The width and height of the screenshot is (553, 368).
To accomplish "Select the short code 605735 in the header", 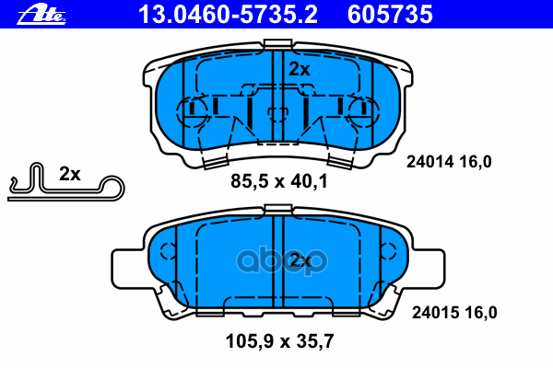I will (402, 14).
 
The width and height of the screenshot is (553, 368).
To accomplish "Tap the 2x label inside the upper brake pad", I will (299, 69).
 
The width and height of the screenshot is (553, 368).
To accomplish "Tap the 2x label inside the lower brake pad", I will (299, 261).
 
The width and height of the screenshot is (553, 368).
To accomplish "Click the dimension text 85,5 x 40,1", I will (278, 182).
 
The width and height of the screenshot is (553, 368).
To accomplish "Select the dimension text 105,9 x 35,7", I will (278, 342).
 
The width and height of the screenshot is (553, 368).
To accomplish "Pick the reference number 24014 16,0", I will (450, 162).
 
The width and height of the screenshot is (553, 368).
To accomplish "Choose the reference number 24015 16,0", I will (452, 312).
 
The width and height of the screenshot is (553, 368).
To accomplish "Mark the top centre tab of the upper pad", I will (277, 44).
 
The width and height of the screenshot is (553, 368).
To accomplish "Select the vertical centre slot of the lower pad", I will (278, 267).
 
